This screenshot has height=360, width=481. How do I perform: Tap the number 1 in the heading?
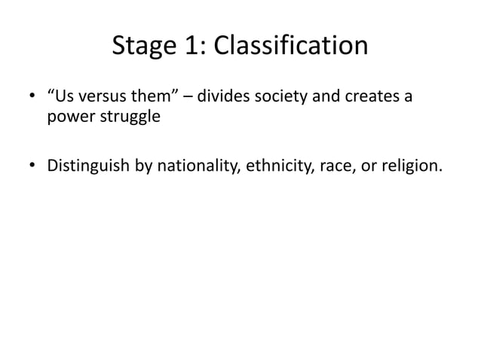tap(192, 47)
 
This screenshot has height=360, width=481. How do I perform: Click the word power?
tap(69, 119)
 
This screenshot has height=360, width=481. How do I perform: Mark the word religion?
tap(408, 164)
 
